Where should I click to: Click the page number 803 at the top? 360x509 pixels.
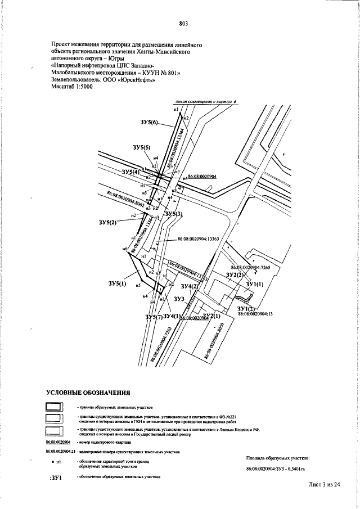point(183,23)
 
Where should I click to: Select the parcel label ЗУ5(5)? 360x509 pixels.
point(142,147)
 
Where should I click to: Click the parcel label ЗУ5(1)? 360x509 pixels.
point(118,284)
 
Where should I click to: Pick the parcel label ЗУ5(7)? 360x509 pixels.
point(155,318)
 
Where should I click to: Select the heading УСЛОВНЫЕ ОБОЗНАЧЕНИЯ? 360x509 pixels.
point(88,392)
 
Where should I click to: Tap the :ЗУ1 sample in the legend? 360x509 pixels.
point(55,478)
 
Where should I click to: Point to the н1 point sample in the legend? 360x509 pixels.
point(56,462)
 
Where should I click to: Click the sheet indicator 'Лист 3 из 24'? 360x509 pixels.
point(325,484)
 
